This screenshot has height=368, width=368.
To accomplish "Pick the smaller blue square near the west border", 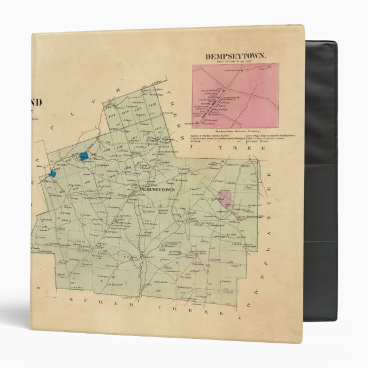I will click(53, 173).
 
